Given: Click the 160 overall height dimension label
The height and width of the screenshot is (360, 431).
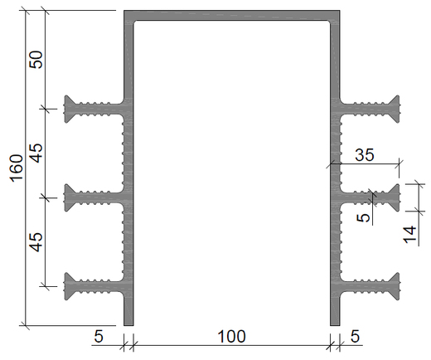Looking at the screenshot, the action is tap(17, 168).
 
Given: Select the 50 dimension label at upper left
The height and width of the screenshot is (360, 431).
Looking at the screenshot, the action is tap(36, 60).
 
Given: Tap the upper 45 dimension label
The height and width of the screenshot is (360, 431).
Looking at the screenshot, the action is tap(36, 153).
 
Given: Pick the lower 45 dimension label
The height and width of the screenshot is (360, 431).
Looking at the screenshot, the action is tap(36, 242).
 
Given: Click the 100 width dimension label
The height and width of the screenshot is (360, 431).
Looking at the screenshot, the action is tap(231, 337).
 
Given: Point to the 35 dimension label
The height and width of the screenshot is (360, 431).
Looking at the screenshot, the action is tap(365, 155).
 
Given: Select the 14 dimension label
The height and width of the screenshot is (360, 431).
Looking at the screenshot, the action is tap(410, 235).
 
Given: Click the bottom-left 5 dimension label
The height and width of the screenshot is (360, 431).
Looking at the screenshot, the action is tap(99, 337).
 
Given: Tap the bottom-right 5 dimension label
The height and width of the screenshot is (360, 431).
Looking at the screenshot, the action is tap(355, 337).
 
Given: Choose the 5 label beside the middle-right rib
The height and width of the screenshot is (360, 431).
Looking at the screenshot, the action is tap(363, 217).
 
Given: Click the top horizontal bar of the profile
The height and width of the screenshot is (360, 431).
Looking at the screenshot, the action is tap(232, 15).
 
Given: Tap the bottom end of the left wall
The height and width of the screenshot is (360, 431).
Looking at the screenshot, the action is tap(128, 326).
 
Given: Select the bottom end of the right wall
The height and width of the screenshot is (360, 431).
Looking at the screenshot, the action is tap(335, 326).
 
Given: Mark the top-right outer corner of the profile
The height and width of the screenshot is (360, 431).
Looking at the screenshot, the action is tap(340, 11).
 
